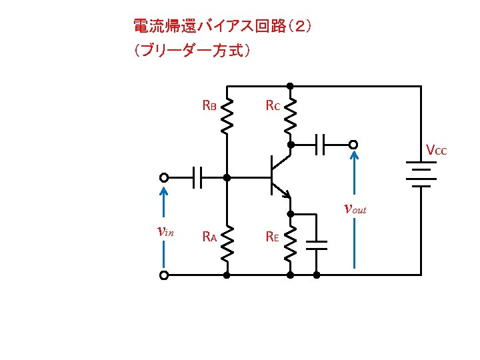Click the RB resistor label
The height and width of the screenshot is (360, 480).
209,105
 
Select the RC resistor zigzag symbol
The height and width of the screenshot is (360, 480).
290,116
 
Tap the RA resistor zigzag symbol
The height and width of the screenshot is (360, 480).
227,244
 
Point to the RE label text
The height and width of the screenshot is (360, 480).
272,236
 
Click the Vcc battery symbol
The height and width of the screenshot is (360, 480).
421,174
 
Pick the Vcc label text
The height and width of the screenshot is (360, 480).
437,150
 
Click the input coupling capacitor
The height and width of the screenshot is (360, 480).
197,177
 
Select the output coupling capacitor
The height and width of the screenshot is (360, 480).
320,145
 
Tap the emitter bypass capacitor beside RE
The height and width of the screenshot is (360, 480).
317,245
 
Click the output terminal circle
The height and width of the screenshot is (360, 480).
353,145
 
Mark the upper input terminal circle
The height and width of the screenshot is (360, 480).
164,177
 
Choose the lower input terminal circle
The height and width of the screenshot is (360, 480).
164,275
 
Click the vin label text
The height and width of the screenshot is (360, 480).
165,231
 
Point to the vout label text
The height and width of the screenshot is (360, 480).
355,209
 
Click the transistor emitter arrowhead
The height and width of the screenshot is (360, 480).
287,195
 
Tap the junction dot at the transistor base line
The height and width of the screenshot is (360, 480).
227,177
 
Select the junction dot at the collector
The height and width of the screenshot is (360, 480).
291,145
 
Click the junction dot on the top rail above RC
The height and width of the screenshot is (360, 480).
290,86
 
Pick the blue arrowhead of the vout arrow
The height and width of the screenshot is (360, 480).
354,155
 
